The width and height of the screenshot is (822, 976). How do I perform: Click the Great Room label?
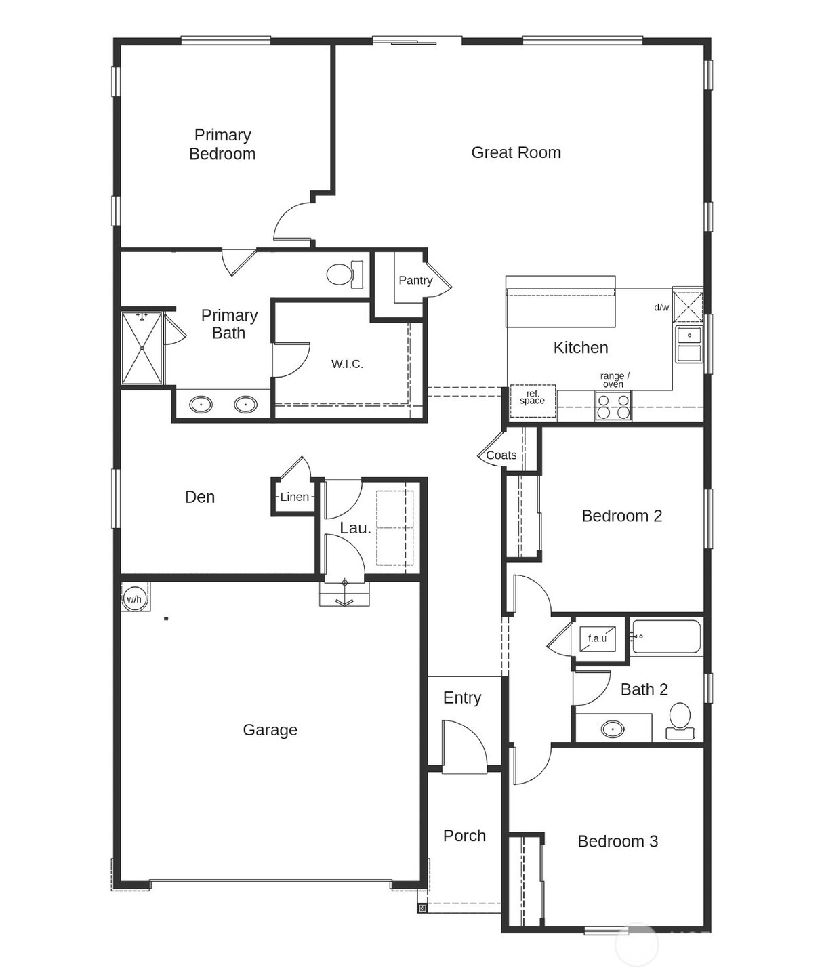click(516, 152)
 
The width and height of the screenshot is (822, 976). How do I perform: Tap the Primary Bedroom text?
click(222, 144)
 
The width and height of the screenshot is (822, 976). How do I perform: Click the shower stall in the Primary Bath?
click(142, 348)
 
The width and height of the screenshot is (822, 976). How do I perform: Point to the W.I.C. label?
click(347, 364)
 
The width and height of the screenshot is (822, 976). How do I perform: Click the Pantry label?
click(415, 280)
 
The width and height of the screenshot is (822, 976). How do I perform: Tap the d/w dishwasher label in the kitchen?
click(661, 307)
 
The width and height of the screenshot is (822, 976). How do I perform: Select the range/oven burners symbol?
click(613, 406)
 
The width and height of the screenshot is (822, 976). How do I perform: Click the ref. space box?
click(532, 399)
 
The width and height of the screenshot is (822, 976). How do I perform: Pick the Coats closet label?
click(501, 455)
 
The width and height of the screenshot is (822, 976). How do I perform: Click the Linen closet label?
click(294, 497)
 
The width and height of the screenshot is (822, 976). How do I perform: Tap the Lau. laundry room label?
click(355, 528)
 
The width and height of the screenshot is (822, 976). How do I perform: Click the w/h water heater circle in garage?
click(134, 598)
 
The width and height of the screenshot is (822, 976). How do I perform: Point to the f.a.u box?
click(597, 638)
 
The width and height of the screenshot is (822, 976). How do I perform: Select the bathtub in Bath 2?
click(666, 637)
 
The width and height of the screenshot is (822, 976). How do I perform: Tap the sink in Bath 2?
click(613, 729)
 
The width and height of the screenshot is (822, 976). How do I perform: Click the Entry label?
click(462, 697)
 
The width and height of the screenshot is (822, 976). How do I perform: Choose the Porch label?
click(464, 836)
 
